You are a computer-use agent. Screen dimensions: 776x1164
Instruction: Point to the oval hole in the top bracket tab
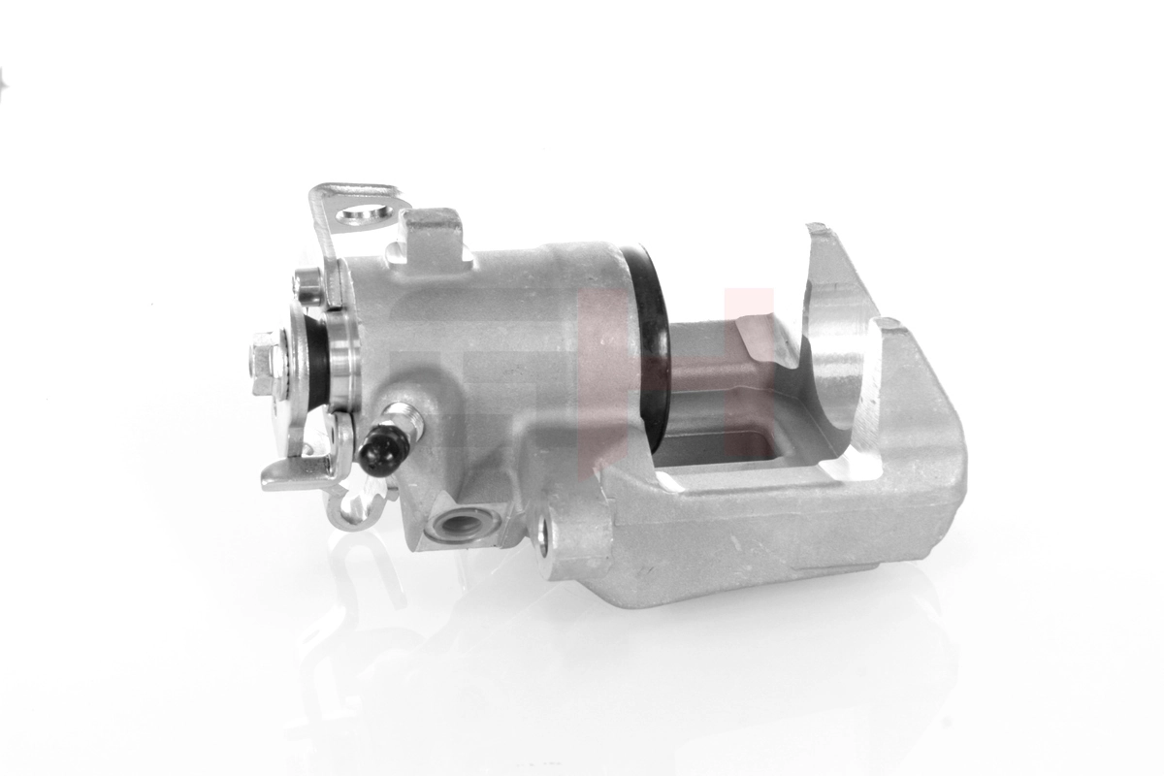pyautogui.click(x=363, y=213)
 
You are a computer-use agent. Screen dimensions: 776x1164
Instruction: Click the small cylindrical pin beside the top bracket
pyautogui.click(x=307, y=283)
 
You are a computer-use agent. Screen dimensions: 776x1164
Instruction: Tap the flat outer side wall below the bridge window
pyautogui.click(x=757, y=543)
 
